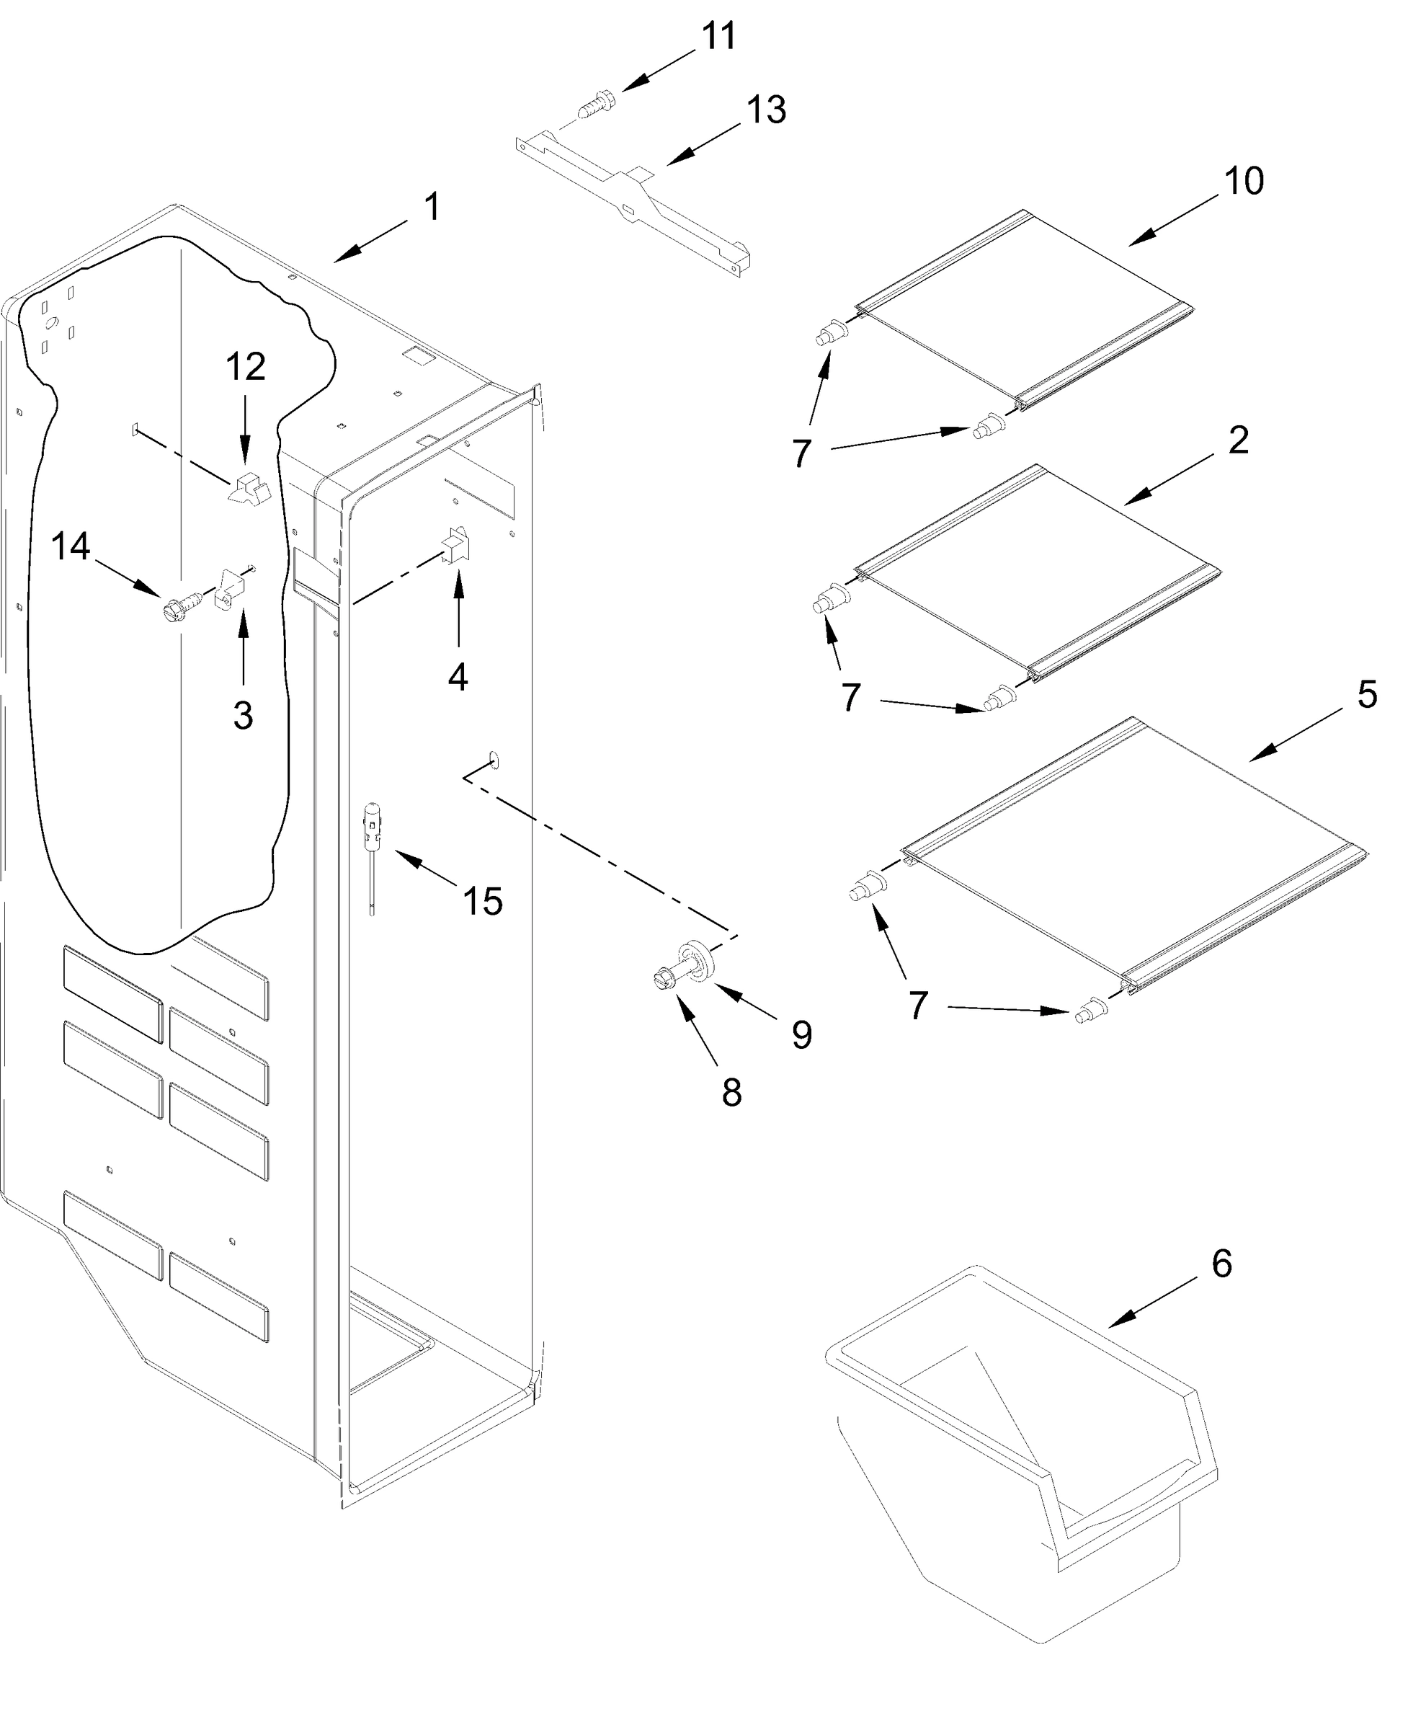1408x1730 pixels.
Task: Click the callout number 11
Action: (718, 37)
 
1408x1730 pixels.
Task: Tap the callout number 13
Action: (766, 110)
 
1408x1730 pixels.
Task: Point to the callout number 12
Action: (245, 367)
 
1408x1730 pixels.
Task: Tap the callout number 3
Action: (243, 716)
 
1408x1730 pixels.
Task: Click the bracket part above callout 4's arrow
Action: (456, 544)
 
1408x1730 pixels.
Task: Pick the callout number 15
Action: (483, 901)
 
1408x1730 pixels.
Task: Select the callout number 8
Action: (731, 1093)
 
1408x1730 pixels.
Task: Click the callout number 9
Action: (801, 1034)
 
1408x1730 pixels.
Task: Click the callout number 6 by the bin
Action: (1221, 1264)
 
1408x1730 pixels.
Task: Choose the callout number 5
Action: (1367, 695)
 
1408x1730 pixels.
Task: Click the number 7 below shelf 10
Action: (801, 452)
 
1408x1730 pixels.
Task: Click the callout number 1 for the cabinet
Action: (432, 207)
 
